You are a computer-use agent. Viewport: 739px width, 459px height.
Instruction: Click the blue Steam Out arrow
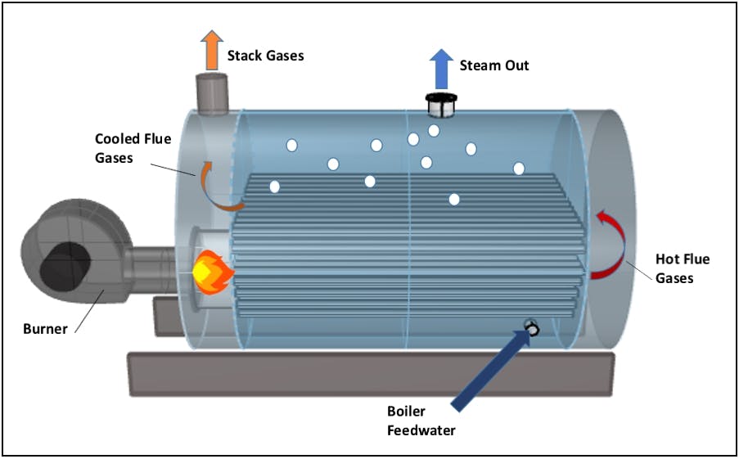click(442, 68)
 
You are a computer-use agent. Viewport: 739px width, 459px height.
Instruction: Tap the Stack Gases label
click(265, 56)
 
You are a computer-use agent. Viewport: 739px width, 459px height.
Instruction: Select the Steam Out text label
click(494, 65)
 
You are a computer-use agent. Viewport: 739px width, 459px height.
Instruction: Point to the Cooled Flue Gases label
click(133, 148)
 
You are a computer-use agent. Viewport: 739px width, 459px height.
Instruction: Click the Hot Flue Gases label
click(683, 268)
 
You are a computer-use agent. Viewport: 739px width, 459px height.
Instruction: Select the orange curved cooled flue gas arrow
click(214, 187)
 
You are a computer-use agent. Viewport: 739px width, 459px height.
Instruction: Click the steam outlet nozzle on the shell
click(442, 104)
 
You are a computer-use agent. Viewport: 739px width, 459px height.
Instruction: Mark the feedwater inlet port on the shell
click(531, 327)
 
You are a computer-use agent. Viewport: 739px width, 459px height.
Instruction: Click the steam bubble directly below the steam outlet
click(434, 130)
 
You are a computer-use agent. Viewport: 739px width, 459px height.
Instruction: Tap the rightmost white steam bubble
click(519, 169)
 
